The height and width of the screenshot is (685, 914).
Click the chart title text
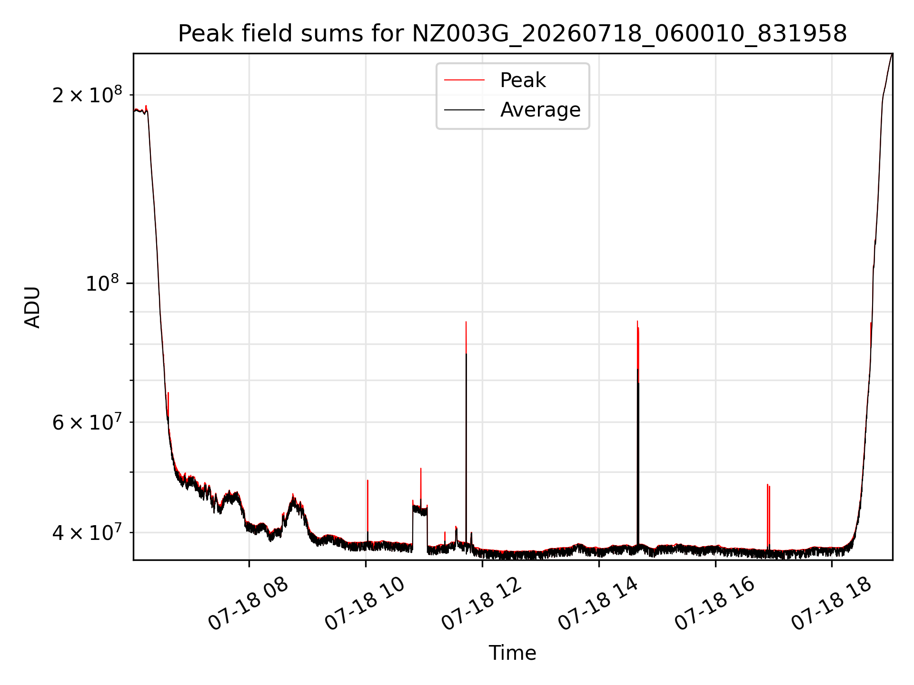point(512,34)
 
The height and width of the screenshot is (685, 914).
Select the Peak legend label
point(523,80)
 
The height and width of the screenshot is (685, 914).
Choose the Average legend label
point(540,110)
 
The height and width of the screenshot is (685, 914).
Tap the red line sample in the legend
point(465,80)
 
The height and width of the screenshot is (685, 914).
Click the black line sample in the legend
point(465,110)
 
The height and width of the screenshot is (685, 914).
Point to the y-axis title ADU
point(32,307)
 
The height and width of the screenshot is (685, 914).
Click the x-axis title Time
point(512,653)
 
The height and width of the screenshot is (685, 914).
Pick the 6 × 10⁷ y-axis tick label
point(87,422)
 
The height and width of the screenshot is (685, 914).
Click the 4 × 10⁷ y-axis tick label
point(87,532)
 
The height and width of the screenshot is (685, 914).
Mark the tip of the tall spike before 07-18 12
point(466,322)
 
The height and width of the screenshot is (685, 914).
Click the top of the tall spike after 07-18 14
point(637,321)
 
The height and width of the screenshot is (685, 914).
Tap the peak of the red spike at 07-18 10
point(368,480)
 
